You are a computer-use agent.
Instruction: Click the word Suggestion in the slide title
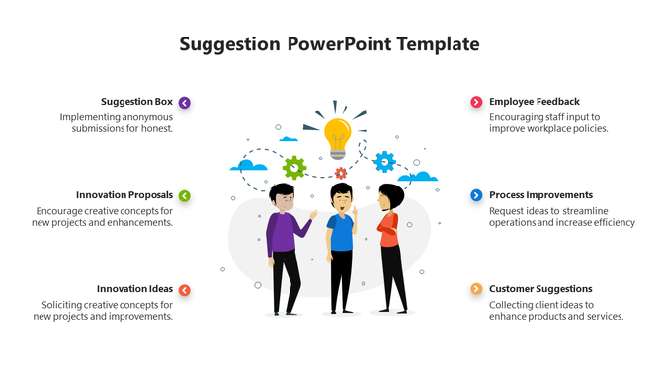click(230, 44)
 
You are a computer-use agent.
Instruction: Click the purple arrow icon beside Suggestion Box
click(185, 102)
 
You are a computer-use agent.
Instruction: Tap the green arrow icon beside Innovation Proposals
click(185, 195)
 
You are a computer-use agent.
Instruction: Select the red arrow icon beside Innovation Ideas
click(185, 289)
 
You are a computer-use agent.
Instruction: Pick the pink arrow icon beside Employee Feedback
click(476, 102)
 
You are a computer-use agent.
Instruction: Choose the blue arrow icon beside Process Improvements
click(476, 195)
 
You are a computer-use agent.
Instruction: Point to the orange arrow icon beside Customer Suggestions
click(476, 289)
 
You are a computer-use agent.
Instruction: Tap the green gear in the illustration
click(294, 167)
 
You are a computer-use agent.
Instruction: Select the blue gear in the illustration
click(384, 161)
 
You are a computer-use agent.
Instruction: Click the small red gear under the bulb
click(340, 173)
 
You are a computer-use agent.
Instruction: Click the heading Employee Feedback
click(535, 102)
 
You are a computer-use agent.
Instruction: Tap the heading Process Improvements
click(540, 195)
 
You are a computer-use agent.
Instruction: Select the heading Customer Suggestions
click(540, 289)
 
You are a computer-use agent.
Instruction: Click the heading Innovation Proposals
click(124, 195)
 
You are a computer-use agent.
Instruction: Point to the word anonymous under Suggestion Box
click(145, 116)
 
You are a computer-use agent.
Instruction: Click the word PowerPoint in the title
click(339, 44)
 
